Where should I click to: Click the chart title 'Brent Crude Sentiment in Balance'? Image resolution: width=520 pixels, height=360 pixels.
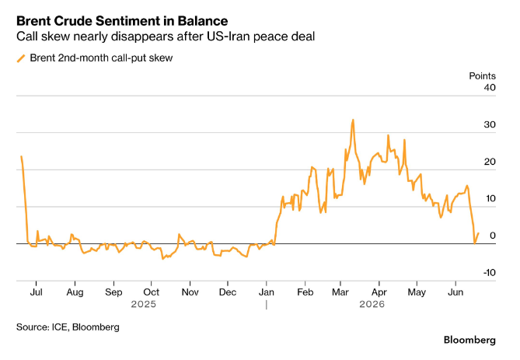pos(122,21)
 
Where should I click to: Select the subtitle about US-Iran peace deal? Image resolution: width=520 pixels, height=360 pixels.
pos(166,37)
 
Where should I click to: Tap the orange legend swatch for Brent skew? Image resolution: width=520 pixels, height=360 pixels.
pos(21,58)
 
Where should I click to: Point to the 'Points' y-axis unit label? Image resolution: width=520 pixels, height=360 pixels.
pos(482,76)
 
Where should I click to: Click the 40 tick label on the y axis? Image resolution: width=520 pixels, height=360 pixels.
pos(490,88)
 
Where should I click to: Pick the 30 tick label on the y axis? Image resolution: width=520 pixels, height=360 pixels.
pos(490,124)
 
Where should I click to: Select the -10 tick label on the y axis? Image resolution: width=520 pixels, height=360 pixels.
pos(489,273)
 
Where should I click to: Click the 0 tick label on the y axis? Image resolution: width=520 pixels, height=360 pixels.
pos(493,236)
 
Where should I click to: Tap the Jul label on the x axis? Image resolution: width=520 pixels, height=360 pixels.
pos(36,292)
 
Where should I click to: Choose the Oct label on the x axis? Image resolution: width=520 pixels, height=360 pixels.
pos(152,292)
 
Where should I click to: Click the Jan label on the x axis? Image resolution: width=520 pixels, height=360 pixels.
pos(267,292)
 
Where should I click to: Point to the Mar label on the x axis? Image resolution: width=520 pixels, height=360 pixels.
pos(340,292)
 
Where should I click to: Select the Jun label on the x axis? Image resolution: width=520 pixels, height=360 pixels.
pos(455,292)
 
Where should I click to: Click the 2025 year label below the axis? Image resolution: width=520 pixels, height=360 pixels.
pos(143,304)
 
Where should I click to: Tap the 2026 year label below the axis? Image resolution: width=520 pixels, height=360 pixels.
pos(372,304)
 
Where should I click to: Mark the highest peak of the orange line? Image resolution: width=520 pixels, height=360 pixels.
pos(353,120)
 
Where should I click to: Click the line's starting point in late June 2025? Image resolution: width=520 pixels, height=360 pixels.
pos(21,156)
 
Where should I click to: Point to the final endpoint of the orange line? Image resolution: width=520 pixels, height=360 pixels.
pos(478,233)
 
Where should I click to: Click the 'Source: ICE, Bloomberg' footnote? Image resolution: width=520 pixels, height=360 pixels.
pos(68,327)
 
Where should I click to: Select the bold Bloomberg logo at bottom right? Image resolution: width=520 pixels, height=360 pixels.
pos(469,340)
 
